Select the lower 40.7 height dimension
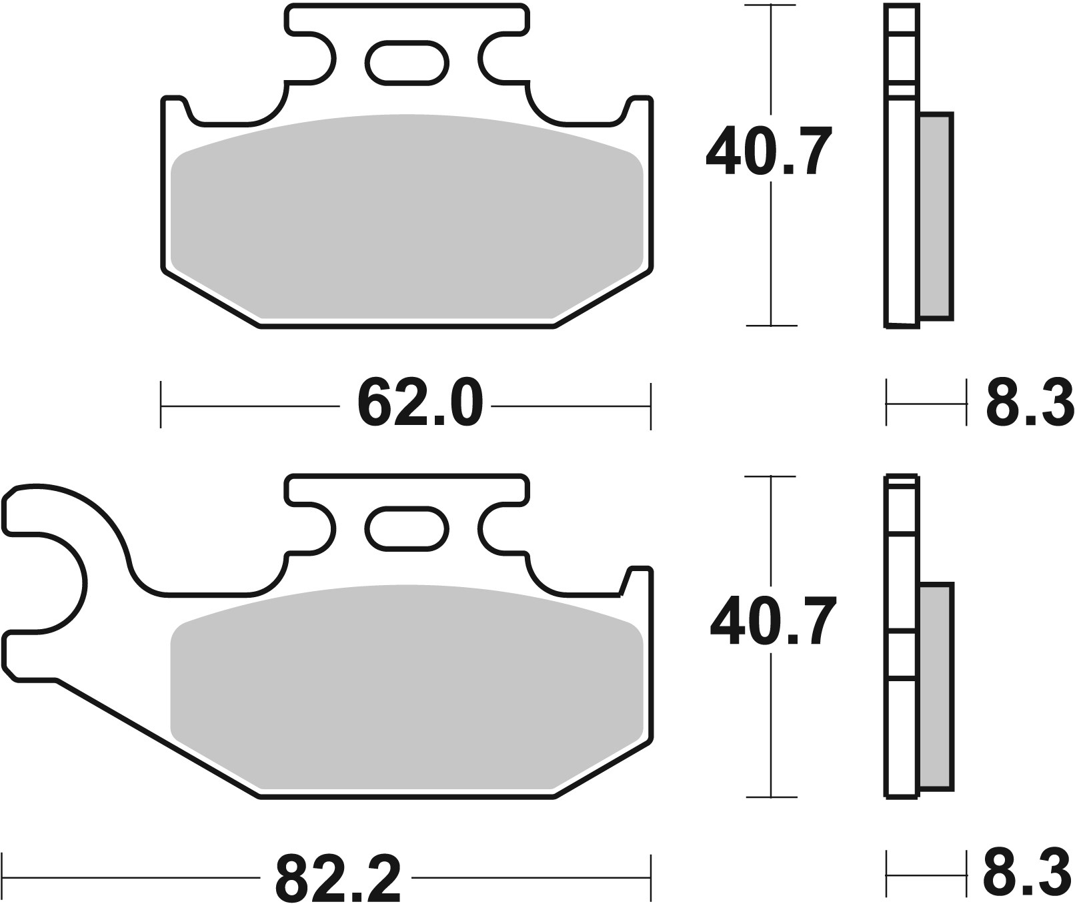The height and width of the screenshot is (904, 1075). (772, 623)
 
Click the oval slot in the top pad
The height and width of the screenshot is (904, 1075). (407, 63)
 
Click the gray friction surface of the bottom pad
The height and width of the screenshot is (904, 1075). (407, 687)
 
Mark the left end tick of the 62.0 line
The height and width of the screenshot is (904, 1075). (161, 405)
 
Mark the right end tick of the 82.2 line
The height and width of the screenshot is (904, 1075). (650, 877)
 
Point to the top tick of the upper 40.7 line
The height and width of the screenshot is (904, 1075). (771, 6)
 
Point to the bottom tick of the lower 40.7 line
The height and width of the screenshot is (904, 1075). (771, 797)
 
